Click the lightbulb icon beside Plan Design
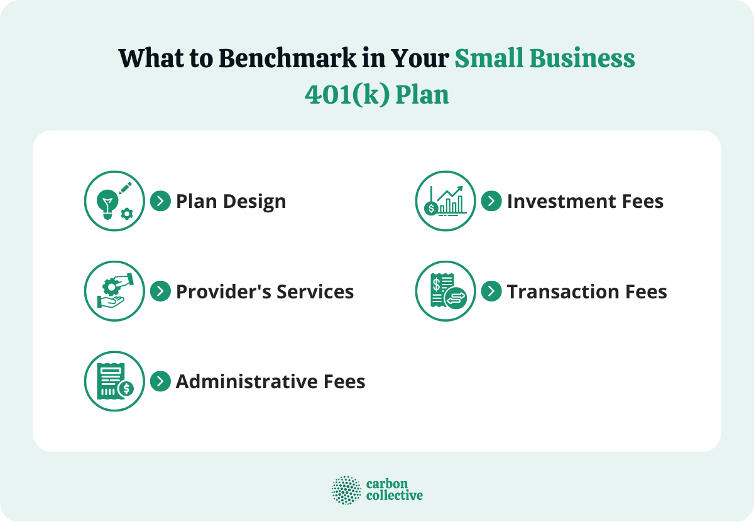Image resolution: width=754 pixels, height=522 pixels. [114, 201]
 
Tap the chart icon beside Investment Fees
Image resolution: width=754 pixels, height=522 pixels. [445, 201]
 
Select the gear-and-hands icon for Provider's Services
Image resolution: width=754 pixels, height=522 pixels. [114, 291]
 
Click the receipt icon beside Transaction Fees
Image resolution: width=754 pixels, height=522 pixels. [445, 291]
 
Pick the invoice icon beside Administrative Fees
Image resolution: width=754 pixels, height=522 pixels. [114, 381]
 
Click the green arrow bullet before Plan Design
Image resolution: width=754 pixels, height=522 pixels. [160, 201]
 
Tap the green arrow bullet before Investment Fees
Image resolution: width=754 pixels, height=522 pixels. [491, 201]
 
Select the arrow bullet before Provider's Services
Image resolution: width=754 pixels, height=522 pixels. [160, 291]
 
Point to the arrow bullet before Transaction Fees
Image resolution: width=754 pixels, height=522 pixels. [491, 291]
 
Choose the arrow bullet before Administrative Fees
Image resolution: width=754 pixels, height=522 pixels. [160, 381]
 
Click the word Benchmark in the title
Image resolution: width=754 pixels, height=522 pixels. [287, 59]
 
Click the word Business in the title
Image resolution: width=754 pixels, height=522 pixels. [583, 59]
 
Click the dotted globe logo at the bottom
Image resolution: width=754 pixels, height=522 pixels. [346, 490]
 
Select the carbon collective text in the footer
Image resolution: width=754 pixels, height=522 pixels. [394, 490]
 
